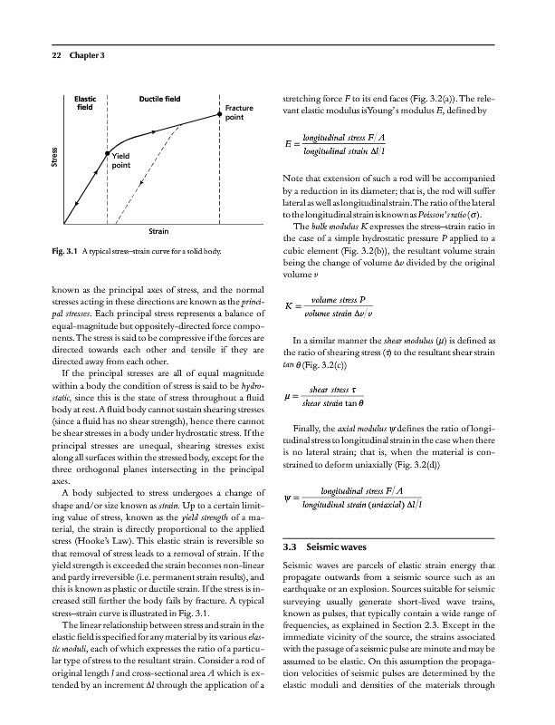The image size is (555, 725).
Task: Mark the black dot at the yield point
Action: click(x=108, y=155)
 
